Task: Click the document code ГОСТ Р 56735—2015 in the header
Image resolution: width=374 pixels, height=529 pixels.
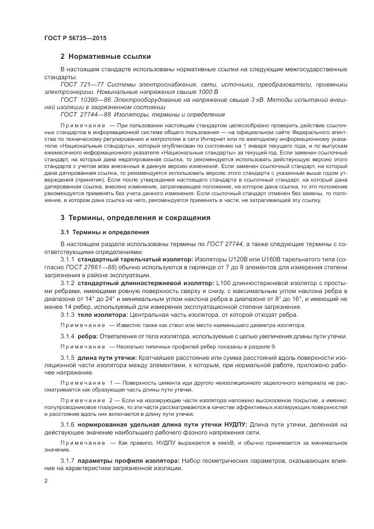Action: [75, 37]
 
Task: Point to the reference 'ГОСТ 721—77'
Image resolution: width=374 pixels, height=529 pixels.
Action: [79, 84]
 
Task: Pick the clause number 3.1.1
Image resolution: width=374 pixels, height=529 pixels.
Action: [68, 259]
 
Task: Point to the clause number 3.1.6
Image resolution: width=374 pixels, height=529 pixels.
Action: [68, 424]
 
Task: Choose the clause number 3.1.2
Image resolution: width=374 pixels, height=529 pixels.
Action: [68, 281]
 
